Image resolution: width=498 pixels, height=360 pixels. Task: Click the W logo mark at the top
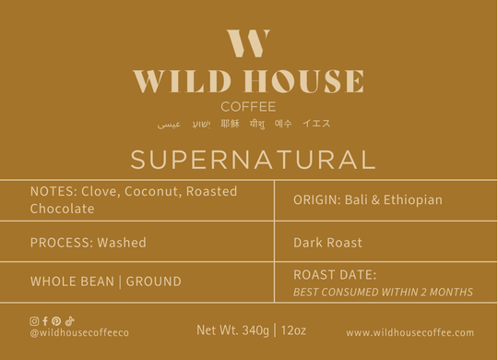pyautogui.click(x=248, y=44)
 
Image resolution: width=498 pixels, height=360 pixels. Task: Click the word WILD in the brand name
pyautogui.click(x=175, y=82)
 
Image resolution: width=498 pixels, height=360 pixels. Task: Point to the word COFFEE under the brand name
pyautogui.click(x=248, y=106)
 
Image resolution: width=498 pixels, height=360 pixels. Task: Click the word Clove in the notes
pyautogui.click(x=98, y=191)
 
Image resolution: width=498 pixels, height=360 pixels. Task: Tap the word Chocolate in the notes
pyautogui.click(x=62, y=209)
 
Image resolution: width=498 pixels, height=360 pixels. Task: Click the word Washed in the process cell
pyautogui.click(x=121, y=243)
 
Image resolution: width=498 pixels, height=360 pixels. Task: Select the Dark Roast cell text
pyautogui.click(x=327, y=243)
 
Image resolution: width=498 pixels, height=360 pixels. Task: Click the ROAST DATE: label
pyautogui.click(x=335, y=274)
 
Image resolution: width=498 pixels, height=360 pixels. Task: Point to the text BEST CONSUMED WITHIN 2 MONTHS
pyautogui.click(x=383, y=292)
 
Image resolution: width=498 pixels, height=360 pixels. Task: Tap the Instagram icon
pyautogui.click(x=34, y=320)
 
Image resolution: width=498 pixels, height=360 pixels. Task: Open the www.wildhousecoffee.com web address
pyautogui.click(x=409, y=332)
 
